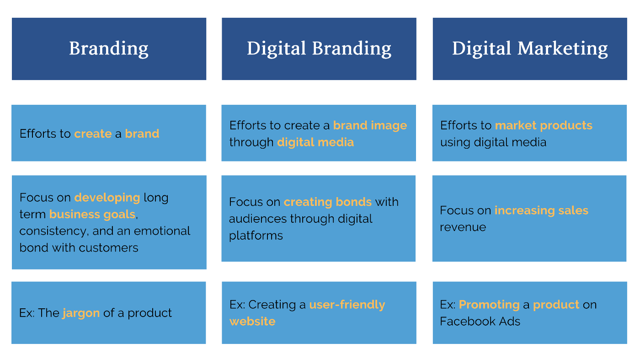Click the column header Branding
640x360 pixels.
click(x=109, y=49)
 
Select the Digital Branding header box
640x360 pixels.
click(x=319, y=49)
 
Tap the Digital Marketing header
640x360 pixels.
click(x=530, y=49)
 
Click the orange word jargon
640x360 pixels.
click(x=81, y=313)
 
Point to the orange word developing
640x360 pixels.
click(x=107, y=198)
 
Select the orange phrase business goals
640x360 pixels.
click(x=92, y=215)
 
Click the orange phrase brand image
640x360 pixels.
click(x=370, y=126)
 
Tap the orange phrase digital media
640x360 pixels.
click(x=315, y=142)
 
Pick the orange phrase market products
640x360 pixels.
click(x=544, y=125)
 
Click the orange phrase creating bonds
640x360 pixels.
click(x=328, y=202)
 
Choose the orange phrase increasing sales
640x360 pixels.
click(x=541, y=211)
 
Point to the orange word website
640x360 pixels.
click(x=252, y=322)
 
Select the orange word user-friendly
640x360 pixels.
click(x=347, y=305)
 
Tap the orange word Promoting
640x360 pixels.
click(x=489, y=305)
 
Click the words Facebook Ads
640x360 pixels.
click(x=480, y=322)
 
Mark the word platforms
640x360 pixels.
click(x=256, y=236)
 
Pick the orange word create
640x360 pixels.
click(x=93, y=134)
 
